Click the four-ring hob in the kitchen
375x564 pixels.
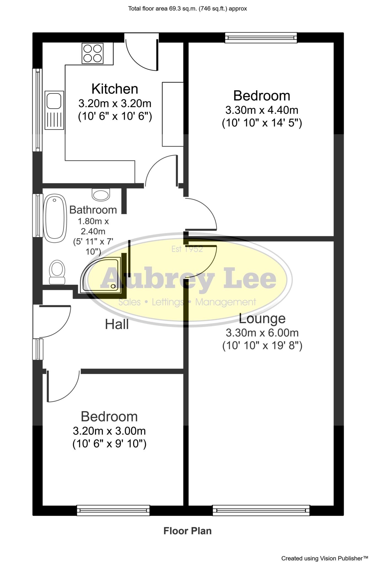[92, 53]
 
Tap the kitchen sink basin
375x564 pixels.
[54, 101]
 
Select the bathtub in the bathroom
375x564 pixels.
[55, 218]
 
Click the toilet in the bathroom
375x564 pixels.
[57, 272]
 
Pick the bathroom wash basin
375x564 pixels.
[101, 194]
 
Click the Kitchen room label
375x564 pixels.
[115, 89]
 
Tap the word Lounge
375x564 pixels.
[262, 319]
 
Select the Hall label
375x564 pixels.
[117, 324]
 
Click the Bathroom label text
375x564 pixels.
[93, 210]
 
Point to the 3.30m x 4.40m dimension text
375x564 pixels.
[262, 110]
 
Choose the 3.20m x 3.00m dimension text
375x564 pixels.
[109, 430]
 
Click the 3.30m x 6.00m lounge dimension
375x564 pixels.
[262, 333]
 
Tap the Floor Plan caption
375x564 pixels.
[187, 531]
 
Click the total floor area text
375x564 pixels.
[187, 9]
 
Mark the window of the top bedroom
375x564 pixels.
[261, 38]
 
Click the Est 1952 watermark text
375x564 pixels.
[187, 249]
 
